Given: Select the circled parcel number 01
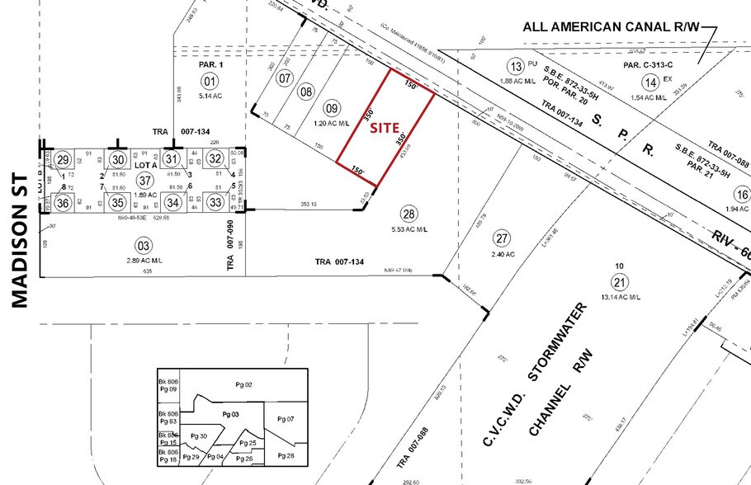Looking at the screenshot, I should (210, 80).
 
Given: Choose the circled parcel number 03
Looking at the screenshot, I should (144, 245).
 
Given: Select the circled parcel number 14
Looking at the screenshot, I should (652, 82).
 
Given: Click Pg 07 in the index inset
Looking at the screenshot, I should (286, 419).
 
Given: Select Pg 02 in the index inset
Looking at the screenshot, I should (243, 384).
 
